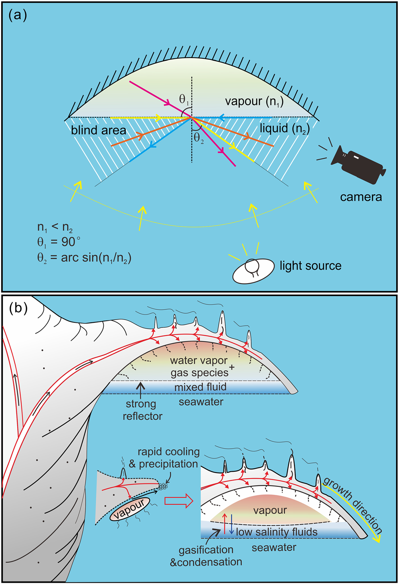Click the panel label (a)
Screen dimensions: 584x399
click(x=18, y=16)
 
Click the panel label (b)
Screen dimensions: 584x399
click(x=18, y=308)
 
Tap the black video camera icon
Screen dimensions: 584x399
click(x=357, y=164)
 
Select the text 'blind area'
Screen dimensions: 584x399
click(x=99, y=130)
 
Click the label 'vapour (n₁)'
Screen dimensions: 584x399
click(x=254, y=101)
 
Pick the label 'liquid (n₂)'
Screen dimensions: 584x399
click(x=285, y=129)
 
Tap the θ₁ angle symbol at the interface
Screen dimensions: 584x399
click(x=184, y=99)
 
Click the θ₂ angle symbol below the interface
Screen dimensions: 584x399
click(x=199, y=138)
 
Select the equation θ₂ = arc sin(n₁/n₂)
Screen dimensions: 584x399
click(x=84, y=258)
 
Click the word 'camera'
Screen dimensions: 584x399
click(x=361, y=197)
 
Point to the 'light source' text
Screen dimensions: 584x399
click(x=310, y=266)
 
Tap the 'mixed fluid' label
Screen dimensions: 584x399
click(x=200, y=387)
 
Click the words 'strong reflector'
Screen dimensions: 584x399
click(x=142, y=410)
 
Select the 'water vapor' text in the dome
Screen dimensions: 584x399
click(x=199, y=361)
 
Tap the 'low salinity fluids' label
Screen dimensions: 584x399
click(x=277, y=532)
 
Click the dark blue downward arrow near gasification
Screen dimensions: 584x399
click(x=231, y=524)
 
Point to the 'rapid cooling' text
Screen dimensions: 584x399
click(x=169, y=452)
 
